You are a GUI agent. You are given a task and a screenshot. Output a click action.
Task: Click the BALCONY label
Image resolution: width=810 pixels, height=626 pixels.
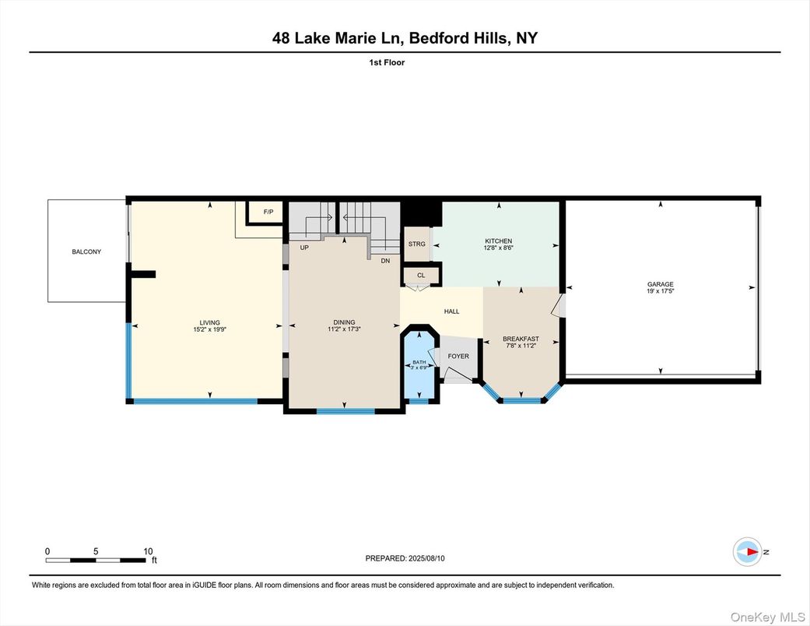click(x=86, y=251)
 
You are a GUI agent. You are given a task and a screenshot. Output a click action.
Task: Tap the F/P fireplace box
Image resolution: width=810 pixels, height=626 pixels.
click(x=268, y=212)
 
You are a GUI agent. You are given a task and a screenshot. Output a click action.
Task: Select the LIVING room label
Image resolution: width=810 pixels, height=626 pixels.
click(x=209, y=322)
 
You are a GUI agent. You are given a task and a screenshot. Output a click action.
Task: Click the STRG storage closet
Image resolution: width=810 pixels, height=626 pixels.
click(x=417, y=244)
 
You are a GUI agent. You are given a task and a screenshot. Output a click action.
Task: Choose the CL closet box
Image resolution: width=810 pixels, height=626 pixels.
click(x=421, y=275)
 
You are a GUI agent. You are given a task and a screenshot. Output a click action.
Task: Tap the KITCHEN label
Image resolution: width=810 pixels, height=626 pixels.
click(x=498, y=241)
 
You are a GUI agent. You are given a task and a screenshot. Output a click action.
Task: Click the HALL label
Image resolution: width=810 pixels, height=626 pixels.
click(x=451, y=311)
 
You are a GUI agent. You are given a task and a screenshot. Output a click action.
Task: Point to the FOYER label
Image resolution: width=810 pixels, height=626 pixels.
click(x=458, y=356)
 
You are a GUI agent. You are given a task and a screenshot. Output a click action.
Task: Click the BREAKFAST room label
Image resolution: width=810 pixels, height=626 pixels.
click(x=521, y=339)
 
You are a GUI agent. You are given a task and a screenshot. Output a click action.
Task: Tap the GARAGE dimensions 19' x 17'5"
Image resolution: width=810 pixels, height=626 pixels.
click(x=660, y=291)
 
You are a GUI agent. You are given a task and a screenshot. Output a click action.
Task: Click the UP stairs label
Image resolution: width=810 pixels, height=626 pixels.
click(x=305, y=247)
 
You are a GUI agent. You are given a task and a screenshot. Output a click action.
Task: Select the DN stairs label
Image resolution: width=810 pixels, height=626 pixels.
click(x=385, y=260)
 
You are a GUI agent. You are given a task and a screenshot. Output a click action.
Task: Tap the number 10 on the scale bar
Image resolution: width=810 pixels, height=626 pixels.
click(x=148, y=550)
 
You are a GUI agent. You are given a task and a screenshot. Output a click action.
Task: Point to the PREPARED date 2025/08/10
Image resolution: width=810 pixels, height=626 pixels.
click(x=431, y=558)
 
